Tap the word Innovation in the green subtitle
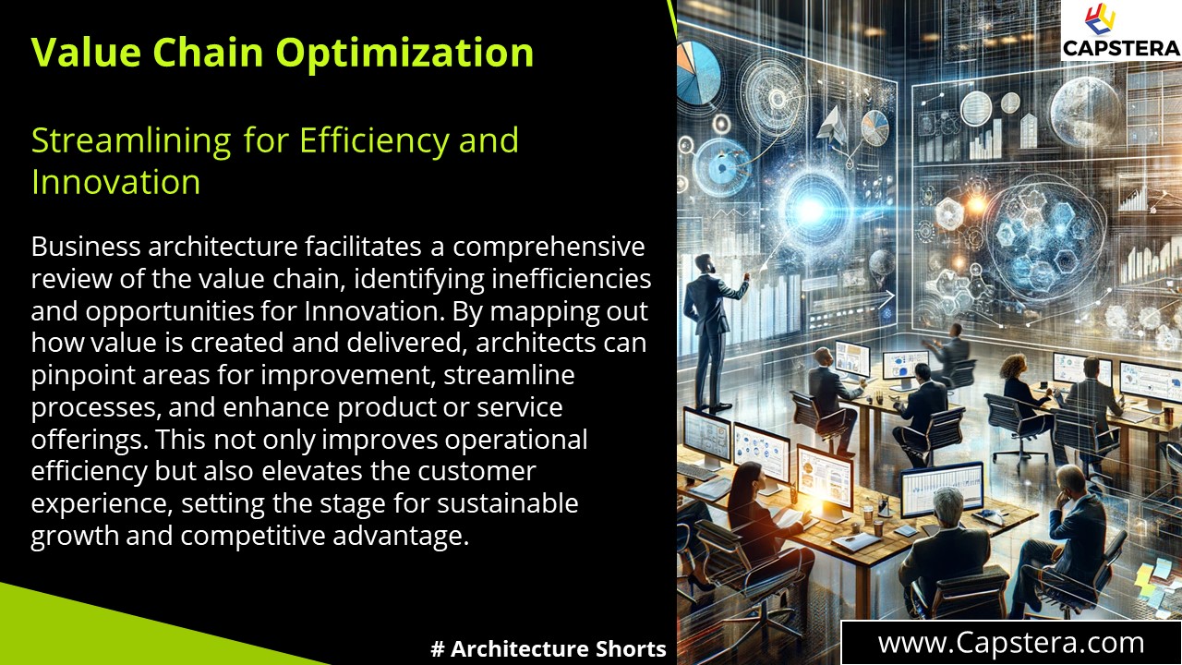(x=115, y=182)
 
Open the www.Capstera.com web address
(x=1010, y=643)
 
